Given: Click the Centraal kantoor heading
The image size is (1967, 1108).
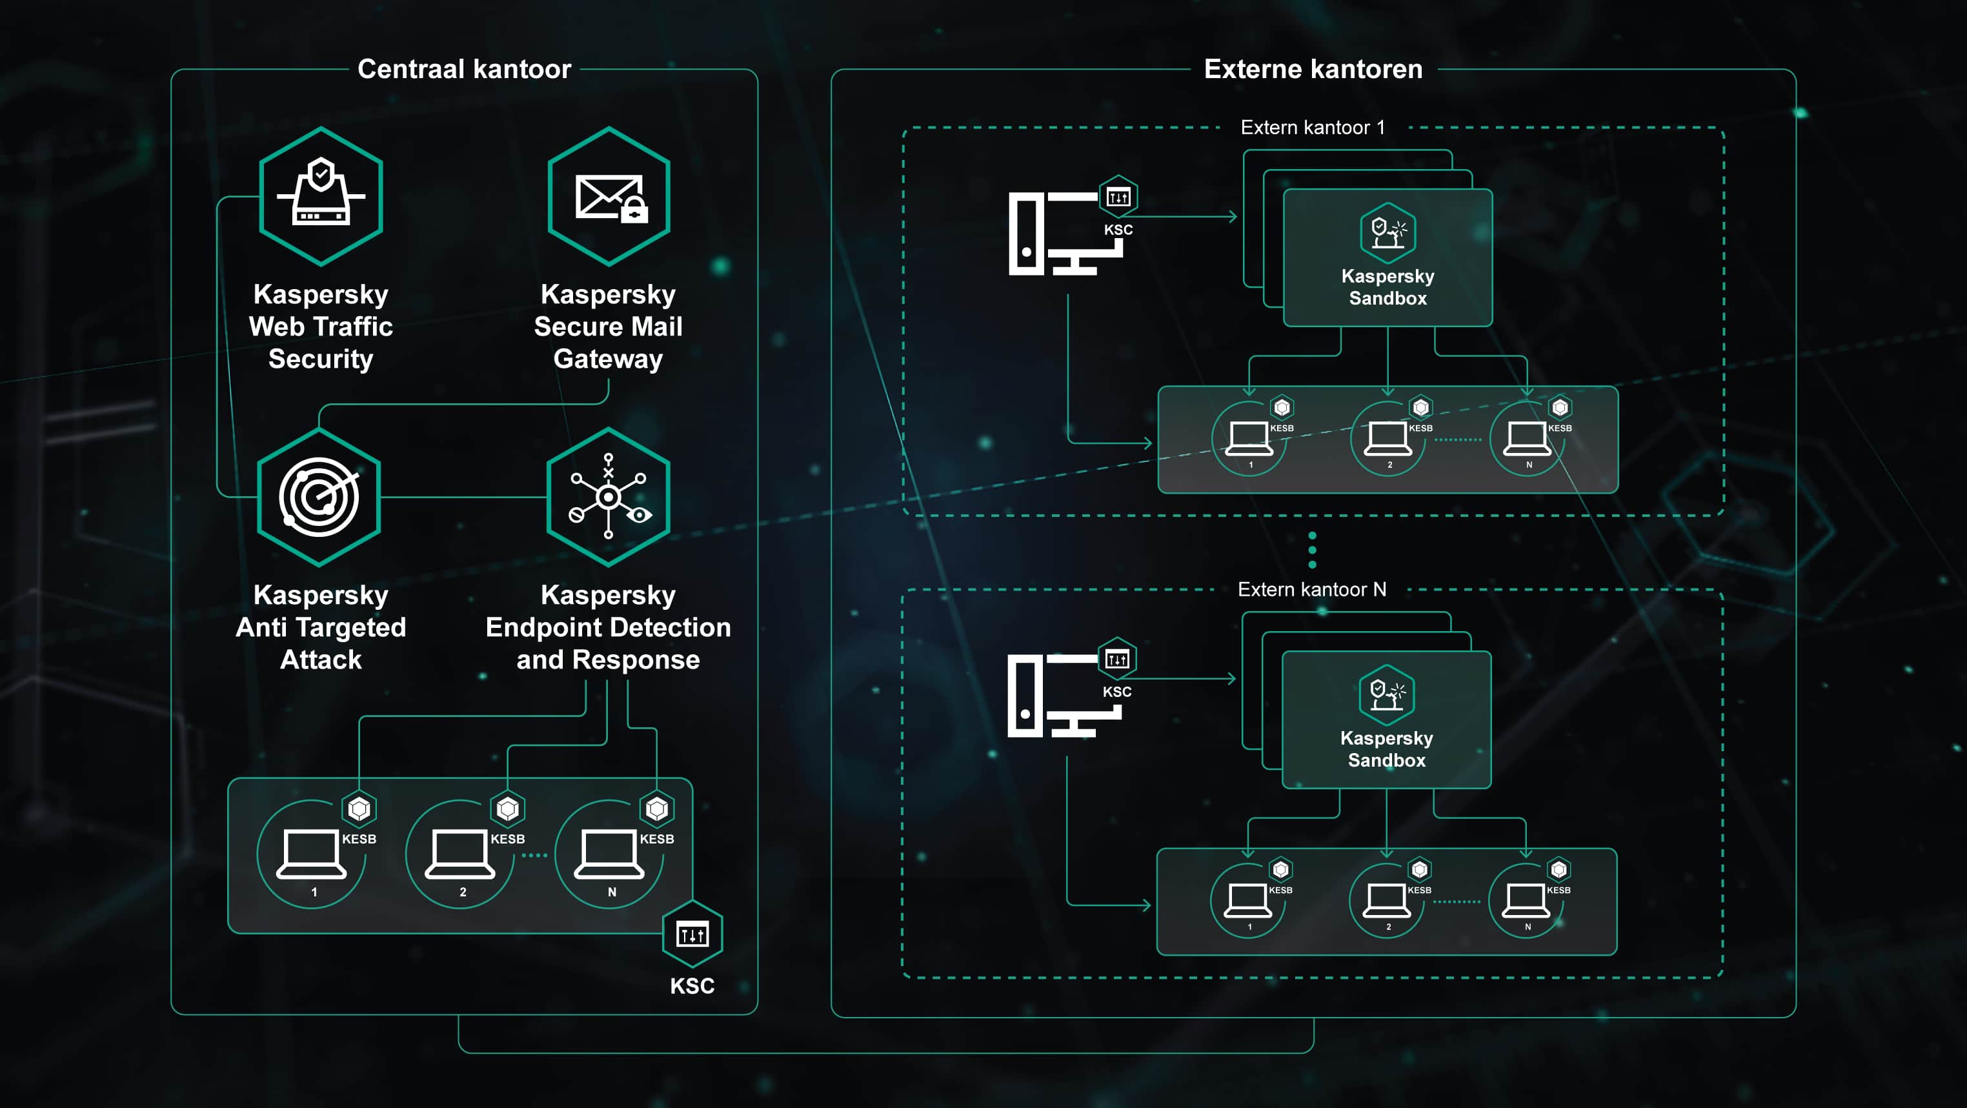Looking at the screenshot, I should (463, 70).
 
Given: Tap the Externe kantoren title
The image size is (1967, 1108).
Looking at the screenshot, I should (1313, 70).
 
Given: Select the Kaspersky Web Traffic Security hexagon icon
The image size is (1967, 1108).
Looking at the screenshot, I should (321, 196).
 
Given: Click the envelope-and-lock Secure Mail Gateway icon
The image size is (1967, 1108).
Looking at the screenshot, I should (609, 196).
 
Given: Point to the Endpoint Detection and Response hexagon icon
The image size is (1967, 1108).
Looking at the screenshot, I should (609, 497).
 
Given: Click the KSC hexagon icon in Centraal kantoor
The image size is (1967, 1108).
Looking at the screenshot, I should (692, 934).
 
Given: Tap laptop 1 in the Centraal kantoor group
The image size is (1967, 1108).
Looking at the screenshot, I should (311, 854).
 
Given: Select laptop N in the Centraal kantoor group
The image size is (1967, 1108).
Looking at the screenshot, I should (609, 854).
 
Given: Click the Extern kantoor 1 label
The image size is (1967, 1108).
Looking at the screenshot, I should (1312, 128).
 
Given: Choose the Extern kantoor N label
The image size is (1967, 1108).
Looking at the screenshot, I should (1311, 590).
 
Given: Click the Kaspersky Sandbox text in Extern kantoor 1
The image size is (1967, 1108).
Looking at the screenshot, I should (1387, 287).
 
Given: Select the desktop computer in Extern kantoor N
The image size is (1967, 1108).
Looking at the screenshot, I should (1063, 696).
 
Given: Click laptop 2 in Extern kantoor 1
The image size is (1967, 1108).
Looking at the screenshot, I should (1387, 439).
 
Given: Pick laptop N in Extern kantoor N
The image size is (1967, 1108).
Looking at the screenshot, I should (1526, 900).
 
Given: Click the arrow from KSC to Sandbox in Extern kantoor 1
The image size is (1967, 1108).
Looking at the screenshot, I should (1184, 217).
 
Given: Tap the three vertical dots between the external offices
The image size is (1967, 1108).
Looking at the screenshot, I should (1312, 550).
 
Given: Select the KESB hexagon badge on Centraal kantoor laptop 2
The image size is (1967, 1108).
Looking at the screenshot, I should (508, 809).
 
